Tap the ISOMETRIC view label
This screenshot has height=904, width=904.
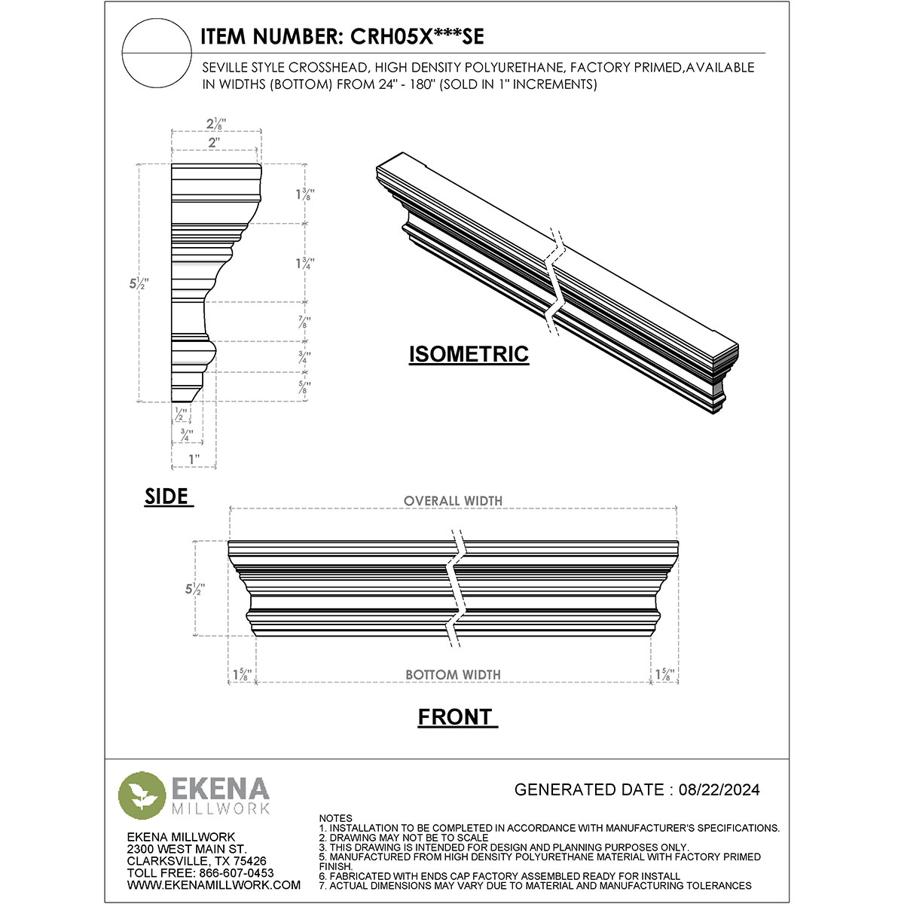[x=469, y=354]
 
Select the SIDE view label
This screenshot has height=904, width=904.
[x=166, y=496]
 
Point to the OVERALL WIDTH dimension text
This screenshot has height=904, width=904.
[x=453, y=501]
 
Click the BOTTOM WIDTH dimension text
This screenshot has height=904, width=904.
[x=453, y=675]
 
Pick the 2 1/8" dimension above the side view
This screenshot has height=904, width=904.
[x=217, y=124]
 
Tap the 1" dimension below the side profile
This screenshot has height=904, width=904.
[x=194, y=459]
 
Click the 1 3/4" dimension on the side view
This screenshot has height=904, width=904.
[x=304, y=263]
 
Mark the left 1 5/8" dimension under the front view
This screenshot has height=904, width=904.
[x=242, y=674]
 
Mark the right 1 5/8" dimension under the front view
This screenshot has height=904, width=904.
[x=664, y=674]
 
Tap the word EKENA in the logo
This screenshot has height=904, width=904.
[x=221, y=789]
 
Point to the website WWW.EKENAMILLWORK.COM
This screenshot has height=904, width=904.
[x=214, y=885]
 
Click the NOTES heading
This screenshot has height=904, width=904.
[x=335, y=818]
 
